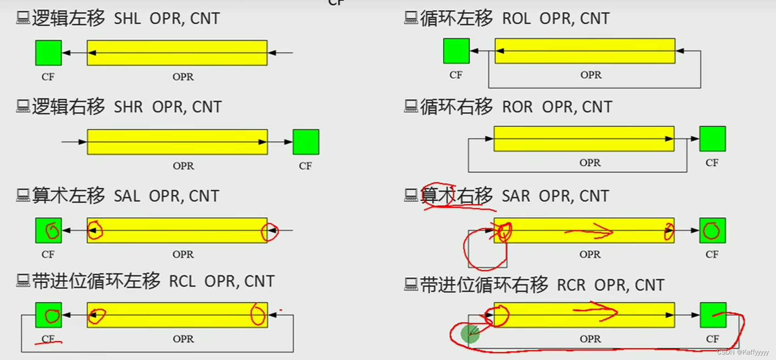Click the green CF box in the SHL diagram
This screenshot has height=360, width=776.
click(x=48, y=53)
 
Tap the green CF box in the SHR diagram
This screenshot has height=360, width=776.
click(x=306, y=142)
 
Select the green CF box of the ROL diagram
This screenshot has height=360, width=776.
click(x=456, y=51)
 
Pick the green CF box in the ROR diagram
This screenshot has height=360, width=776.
click(x=712, y=139)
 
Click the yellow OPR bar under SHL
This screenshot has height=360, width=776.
click(x=177, y=53)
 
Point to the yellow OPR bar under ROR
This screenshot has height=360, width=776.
click(x=584, y=139)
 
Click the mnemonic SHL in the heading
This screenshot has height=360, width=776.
click(x=127, y=19)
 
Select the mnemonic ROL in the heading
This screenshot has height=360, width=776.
click(x=516, y=19)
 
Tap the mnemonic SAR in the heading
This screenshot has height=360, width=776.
click(x=516, y=196)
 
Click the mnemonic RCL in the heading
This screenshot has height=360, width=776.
click(x=182, y=281)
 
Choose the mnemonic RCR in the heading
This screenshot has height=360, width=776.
click(x=571, y=285)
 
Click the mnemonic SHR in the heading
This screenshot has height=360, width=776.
click(x=128, y=107)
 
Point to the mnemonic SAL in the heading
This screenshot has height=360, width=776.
click(x=127, y=196)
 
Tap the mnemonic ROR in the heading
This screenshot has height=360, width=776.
click(x=517, y=107)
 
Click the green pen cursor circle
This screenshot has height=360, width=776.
click(x=470, y=334)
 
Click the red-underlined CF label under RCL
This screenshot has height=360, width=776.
click(x=48, y=339)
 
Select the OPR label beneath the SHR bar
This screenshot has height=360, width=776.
click(x=183, y=166)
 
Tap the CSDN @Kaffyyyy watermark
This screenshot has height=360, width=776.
click(x=742, y=352)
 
